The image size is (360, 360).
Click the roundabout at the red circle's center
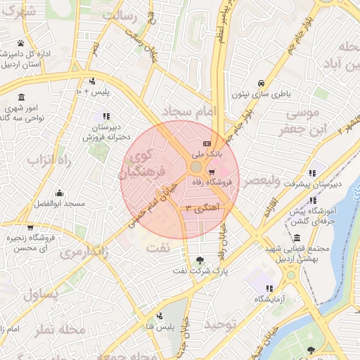tap(195, 167)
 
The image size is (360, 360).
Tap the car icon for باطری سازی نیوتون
tap(261, 82)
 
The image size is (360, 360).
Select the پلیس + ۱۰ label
tap(94, 91)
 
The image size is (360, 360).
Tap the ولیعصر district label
tap(259, 181)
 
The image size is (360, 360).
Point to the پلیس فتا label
tap(159, 327)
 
